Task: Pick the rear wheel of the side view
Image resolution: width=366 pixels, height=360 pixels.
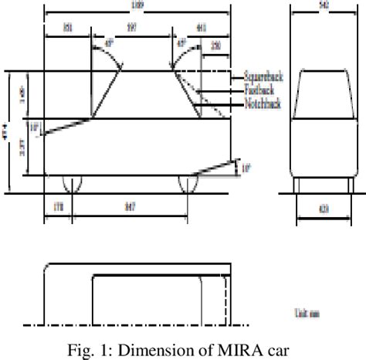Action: pyautogui.click(x=188, y=183)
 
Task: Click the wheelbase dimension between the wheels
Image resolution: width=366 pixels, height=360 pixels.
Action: pyautogui.click(x=130, y=208)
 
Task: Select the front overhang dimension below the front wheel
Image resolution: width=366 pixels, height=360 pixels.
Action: pyautogui.click(x=58, y=208)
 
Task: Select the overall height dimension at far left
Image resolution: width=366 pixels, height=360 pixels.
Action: pyautogui.click(x=6, y=133)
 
